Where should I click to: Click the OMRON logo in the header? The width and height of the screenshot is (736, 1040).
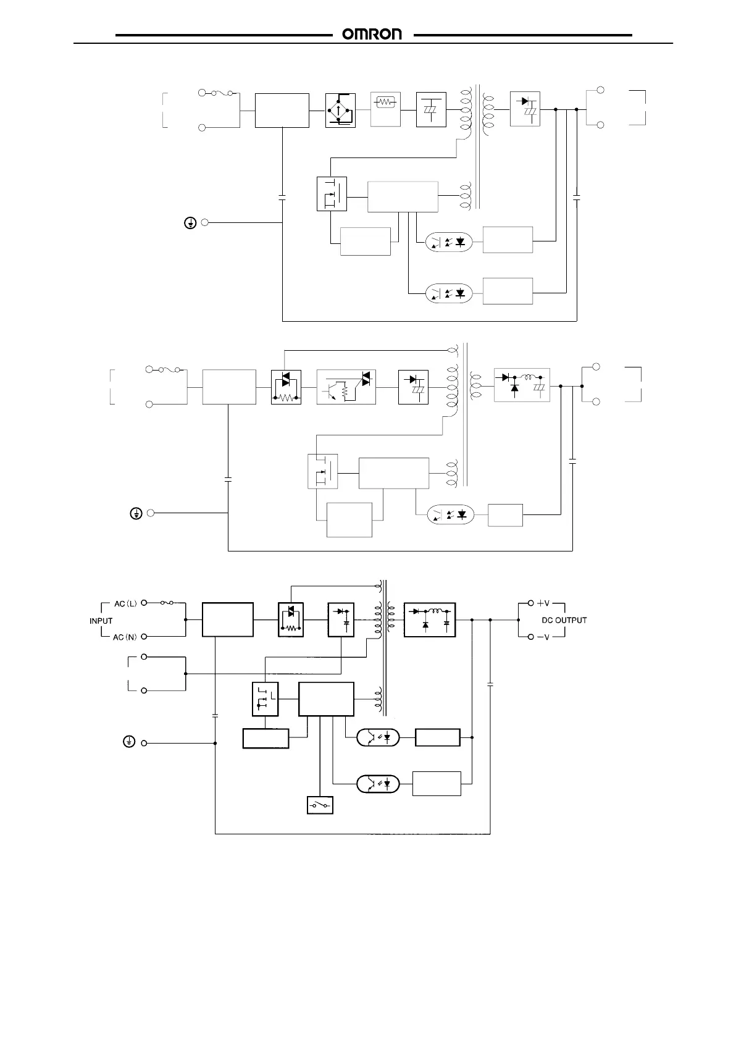click(372, 35)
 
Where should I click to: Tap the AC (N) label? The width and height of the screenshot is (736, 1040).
click(125, 637)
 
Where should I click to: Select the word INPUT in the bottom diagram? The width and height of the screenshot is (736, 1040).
click(101, 621)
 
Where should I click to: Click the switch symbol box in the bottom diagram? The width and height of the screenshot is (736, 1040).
click(320, 805)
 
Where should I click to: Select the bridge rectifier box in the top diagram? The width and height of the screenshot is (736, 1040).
click(340, 110)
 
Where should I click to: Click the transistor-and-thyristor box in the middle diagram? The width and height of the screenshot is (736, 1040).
click(346, 387)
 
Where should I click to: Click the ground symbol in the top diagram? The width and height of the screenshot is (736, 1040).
click(191, 223)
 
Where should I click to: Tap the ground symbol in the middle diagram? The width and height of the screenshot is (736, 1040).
click(137, 513)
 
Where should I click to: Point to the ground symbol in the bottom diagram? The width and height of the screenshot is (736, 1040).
click(129, 742)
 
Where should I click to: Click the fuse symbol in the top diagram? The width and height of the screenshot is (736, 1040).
click(219, 94)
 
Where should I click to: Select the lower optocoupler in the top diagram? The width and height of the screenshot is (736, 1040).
click(449, 293)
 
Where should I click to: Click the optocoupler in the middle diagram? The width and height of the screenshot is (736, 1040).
click(450, 514)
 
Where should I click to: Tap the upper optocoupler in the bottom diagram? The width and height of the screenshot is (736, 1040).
click(378, 737)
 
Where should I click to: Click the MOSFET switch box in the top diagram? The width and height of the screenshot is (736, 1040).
click(332, 194)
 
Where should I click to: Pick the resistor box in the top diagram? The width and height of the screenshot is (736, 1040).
click(385, 109)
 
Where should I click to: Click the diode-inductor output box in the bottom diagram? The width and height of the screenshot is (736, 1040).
click(430, 619)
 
